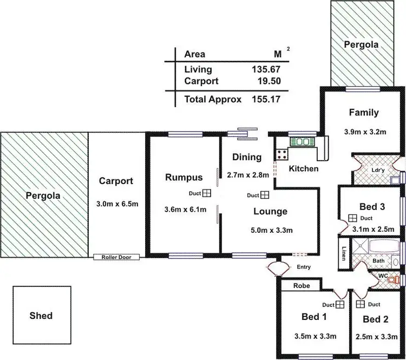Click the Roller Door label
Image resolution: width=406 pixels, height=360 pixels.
click(x=116, y=257)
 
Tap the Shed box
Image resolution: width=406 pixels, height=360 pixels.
click(x=42, y=315)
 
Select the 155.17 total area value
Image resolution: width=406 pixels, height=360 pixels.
click(x=266, y=100)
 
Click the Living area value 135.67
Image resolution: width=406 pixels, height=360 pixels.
click(x=266, y=69)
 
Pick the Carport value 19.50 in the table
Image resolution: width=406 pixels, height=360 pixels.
click(x=270, y=81)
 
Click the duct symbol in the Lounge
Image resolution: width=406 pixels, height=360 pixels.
click(x=265, y=195)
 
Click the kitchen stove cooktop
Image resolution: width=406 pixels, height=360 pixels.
click(x=281, y=154)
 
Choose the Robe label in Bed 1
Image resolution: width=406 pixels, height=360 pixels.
click(x=301, y=285)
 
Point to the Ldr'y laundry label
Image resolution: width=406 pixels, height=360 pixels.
click(x=378, y=170)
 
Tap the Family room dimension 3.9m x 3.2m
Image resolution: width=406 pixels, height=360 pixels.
click(x=363, y=131)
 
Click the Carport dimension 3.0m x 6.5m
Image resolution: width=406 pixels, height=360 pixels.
click(x=116, y=204)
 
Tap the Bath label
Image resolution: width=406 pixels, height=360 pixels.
click(x=378, y=261)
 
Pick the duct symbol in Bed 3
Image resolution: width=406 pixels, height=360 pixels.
click(x=352, y=218)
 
